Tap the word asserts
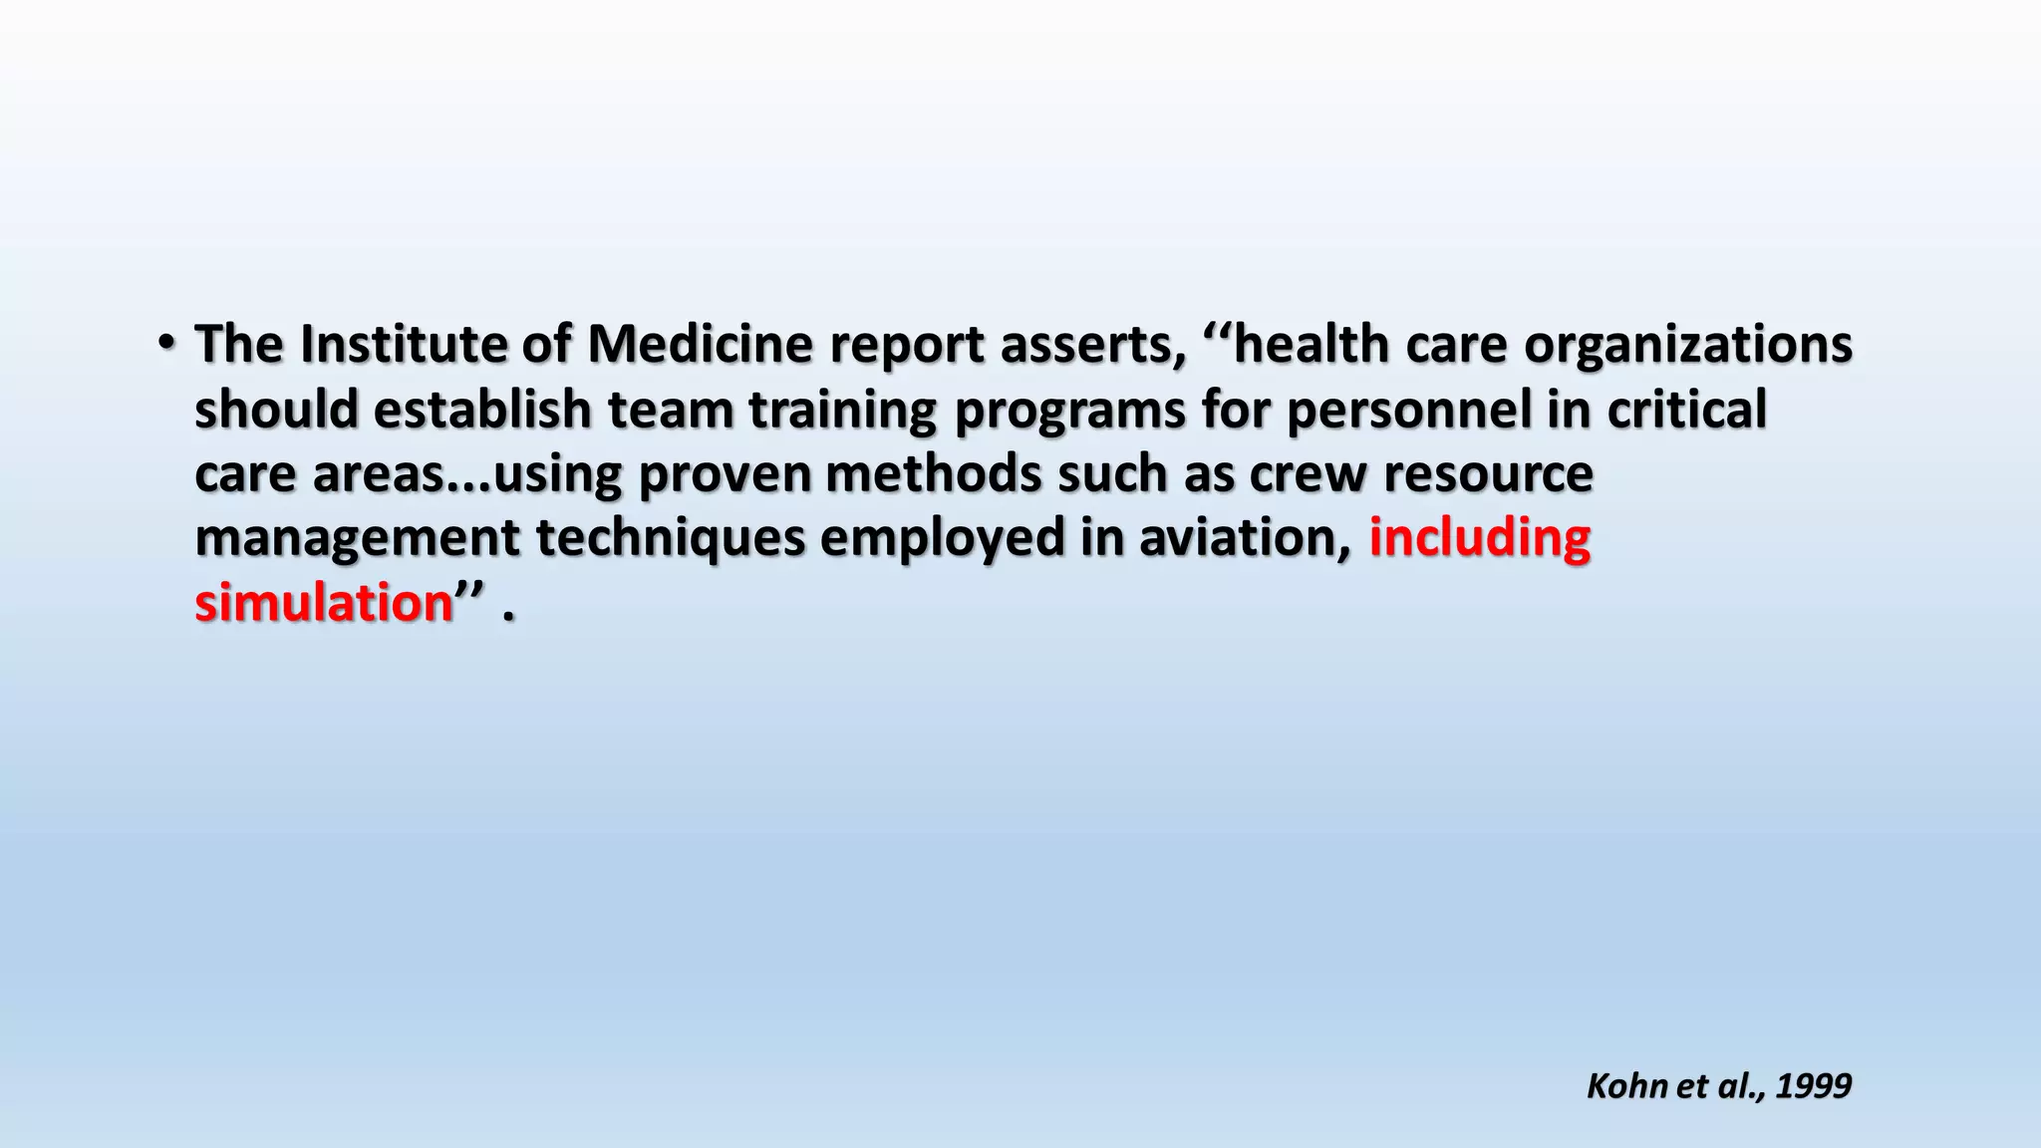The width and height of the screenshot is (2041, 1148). pyautogui.click(x=1092, y=345)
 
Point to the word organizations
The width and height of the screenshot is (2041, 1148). pyautogui.click(x=1687, y=345)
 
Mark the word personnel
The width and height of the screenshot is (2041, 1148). pyautogui.click(x=1408, y=410)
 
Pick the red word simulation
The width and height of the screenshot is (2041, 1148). pyautogui.click(x=324, y=604)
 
